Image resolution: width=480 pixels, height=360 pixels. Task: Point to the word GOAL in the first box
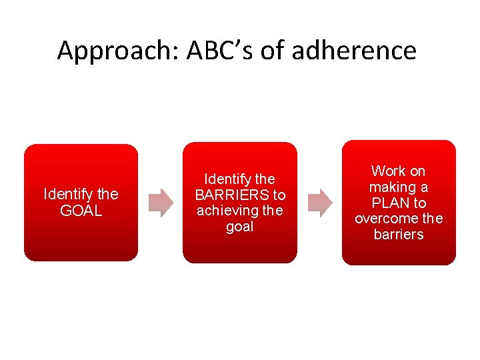[x=81, y=211]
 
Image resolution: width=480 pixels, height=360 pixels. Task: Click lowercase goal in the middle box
[x=240, y=227]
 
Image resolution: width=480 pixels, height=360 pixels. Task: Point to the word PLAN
[x=389, y=203]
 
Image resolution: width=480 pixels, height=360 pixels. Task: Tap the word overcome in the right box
[x=387, y=219]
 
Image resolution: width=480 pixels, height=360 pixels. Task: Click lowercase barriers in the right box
[x=399, y=235]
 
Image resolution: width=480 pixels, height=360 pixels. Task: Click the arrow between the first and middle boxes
[x=160, y=203]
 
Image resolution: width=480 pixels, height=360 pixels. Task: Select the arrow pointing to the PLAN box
[x=319, y=203]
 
